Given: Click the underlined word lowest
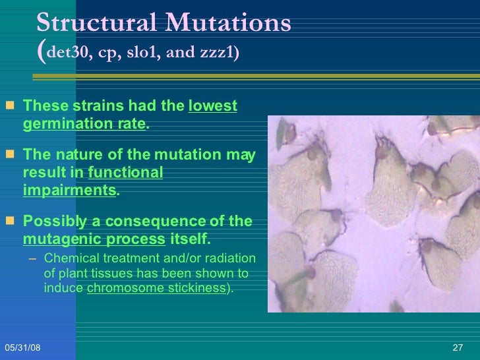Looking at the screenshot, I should [212, 106].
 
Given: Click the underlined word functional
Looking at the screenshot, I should [125, 173].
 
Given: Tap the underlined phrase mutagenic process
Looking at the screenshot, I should [94, 239].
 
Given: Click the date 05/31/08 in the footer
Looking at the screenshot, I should [22, 347].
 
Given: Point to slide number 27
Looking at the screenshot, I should [459, 347].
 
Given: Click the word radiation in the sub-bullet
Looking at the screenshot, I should [233, 258].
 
